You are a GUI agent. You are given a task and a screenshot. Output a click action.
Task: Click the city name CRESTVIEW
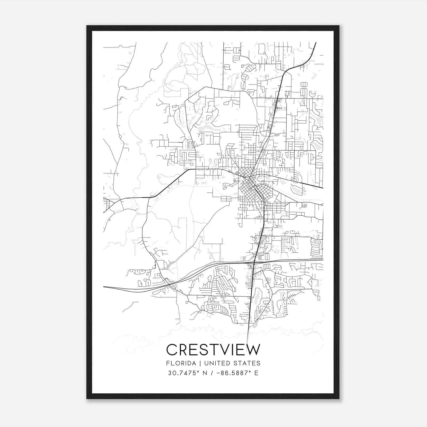(213, 350)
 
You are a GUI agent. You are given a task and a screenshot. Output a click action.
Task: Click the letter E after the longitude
(256, 373)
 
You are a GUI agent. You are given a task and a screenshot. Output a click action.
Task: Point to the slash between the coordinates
(212, 373)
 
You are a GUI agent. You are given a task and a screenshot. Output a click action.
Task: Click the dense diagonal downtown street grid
(247, 184)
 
